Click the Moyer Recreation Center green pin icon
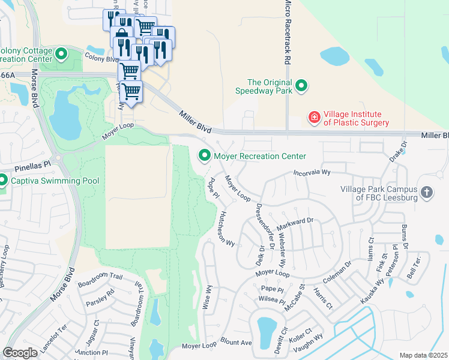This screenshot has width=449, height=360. [x=205, y=156]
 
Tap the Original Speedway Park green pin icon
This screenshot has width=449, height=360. [x=301, y=88]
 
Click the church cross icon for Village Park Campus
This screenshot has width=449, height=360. [x=426, y=193]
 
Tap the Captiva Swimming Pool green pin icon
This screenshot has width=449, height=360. [x=3, y=180]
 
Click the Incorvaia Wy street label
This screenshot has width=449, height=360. [x=312, y=172]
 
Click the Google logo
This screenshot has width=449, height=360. [x=20, y=352]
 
